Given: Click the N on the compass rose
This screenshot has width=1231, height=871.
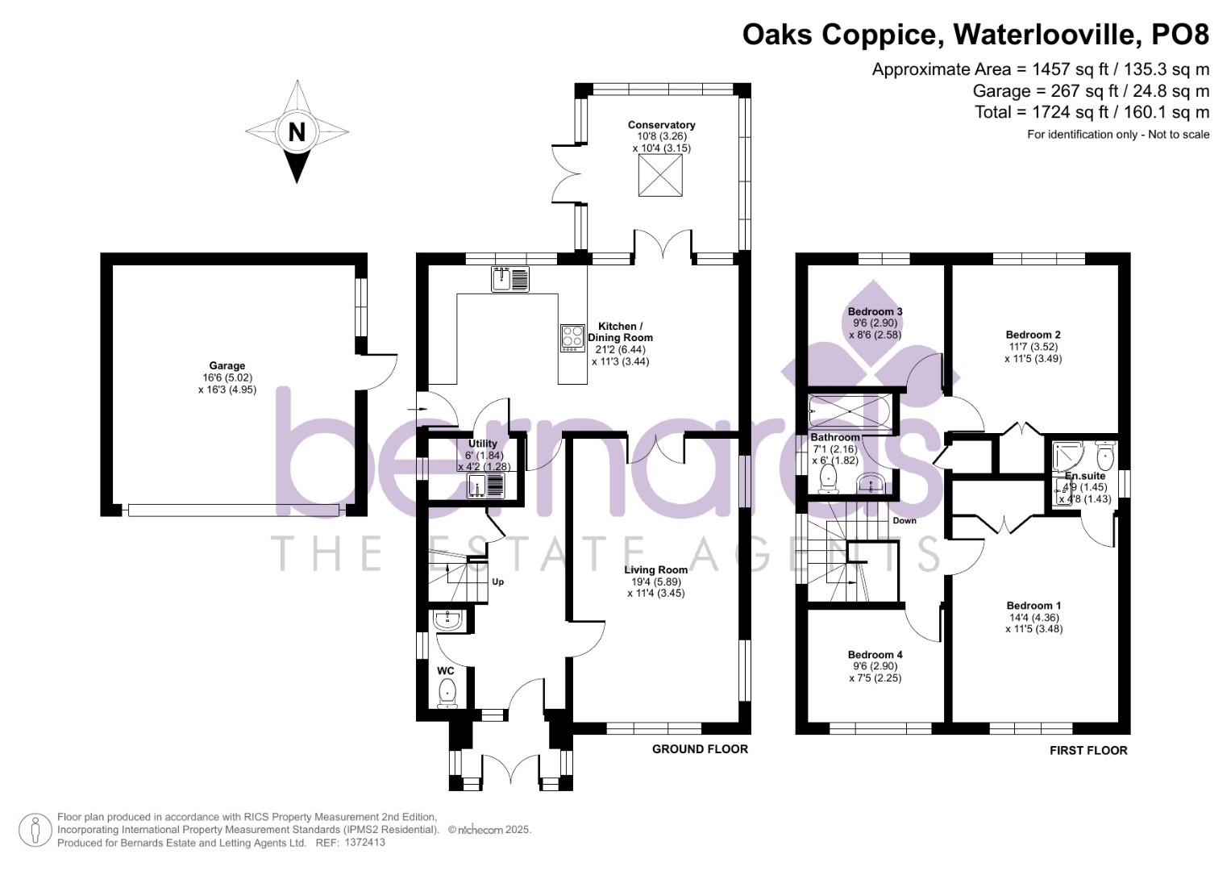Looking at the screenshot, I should click(x=297, y=131).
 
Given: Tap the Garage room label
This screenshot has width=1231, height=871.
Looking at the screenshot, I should click(x=227, y=366).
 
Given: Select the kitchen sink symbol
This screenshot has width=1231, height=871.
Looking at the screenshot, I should click(x=510, y=279).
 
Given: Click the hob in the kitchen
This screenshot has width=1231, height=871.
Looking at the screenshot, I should click(x=573, y=338).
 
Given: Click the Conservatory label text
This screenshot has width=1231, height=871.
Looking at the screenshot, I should click(x=661, y=125).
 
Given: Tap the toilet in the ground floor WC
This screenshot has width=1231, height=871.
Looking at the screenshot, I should click(x=447, y=693).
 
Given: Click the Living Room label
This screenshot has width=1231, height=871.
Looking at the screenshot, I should click(x=655, y=570).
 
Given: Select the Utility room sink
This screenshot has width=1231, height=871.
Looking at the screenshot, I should click(x=486, y=486).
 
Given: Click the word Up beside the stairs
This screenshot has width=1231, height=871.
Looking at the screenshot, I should click(x=498, y=581).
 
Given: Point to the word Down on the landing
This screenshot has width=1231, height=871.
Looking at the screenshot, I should click(x=905, y=521).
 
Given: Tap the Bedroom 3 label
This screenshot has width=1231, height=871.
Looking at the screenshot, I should click(x=875, y=312).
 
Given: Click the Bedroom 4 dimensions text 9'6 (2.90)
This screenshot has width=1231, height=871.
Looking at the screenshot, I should click(x=875, y=667).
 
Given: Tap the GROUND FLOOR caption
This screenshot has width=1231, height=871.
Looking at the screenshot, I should click(x=700, y=749).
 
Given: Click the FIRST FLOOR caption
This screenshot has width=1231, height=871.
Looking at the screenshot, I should click(x=1088, y=751).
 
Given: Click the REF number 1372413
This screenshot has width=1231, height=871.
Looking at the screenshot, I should click(x=364, y=842).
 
